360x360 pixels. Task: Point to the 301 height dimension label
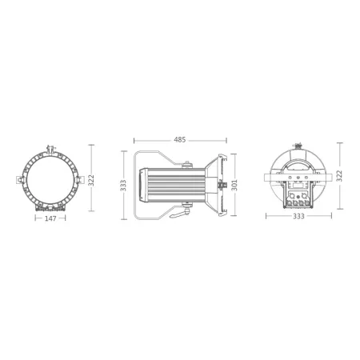coord(235,185)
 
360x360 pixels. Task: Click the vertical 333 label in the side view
coord(123,185)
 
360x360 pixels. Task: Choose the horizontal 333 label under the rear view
coord(298,216)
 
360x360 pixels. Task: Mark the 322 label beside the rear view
coord(339,175)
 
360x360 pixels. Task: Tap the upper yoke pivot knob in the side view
coord(189,166)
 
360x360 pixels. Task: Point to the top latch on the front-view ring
coord(51,149)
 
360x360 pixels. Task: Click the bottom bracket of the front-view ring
coord(51,209)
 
